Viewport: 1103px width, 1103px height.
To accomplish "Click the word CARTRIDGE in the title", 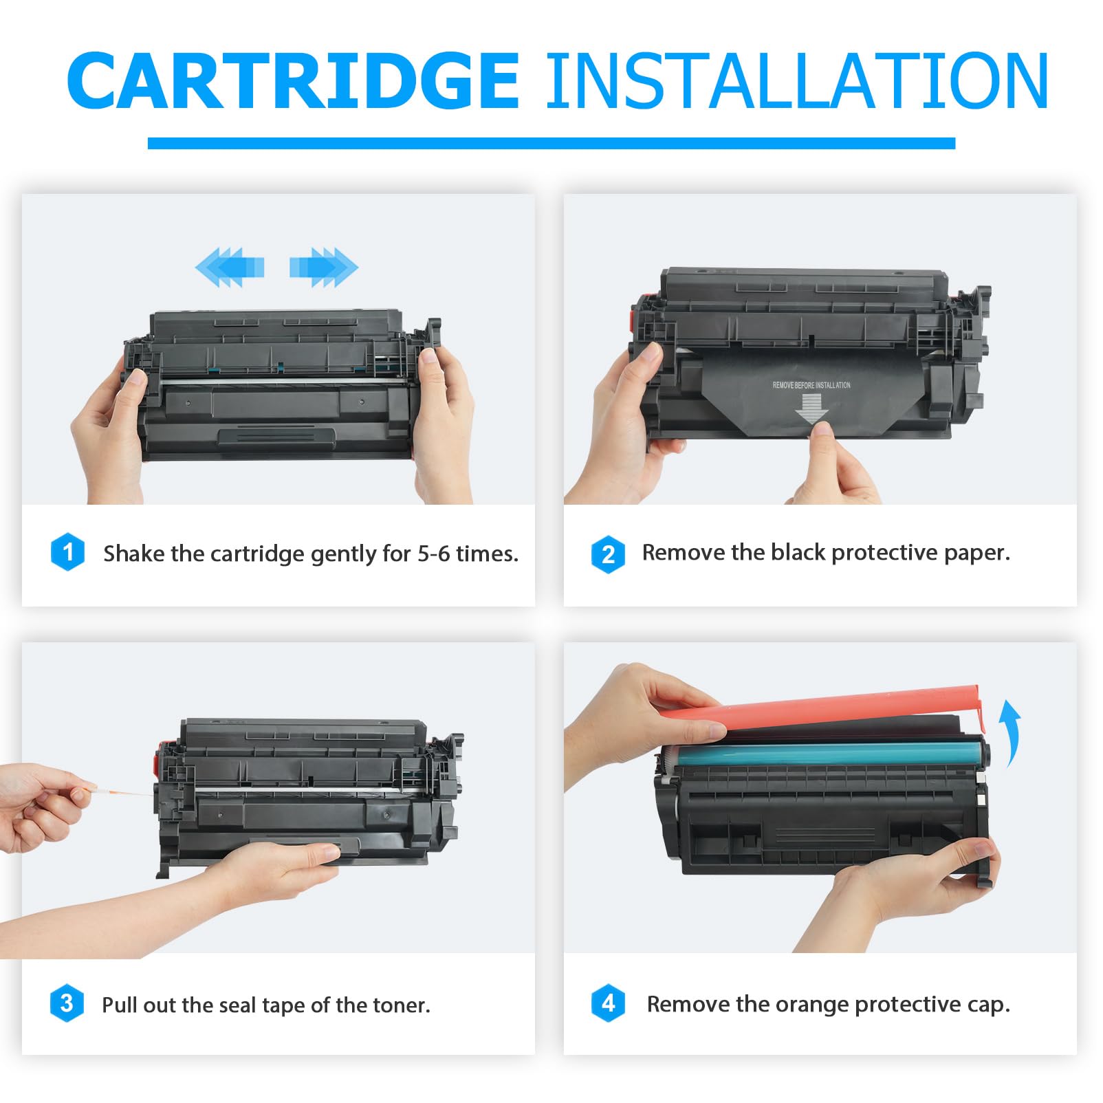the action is click(x=293, y=81).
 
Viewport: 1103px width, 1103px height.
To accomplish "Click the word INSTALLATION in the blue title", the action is click(x=797, y=81).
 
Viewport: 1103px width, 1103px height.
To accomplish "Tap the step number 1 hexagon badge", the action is click(x=67, y=551).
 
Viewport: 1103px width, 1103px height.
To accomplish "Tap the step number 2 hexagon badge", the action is click(x=608, y=554).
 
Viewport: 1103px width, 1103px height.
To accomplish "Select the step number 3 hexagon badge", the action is click(x=67, y=1003).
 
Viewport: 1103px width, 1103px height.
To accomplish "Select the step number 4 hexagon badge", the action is click(x=608, y=1003).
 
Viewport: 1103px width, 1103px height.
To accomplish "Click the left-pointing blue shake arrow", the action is click(x=229, y=267).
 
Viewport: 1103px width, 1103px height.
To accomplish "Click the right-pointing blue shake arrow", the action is click(x=324, y=267).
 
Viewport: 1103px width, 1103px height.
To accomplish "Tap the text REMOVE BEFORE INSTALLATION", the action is click(x=811, y=385).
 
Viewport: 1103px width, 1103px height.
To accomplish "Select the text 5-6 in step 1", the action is click(x=433, y=554).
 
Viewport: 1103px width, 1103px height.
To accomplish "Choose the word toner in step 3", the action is click(x=401, y=1005).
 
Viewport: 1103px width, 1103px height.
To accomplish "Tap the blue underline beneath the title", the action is click(x=551, y=143).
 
